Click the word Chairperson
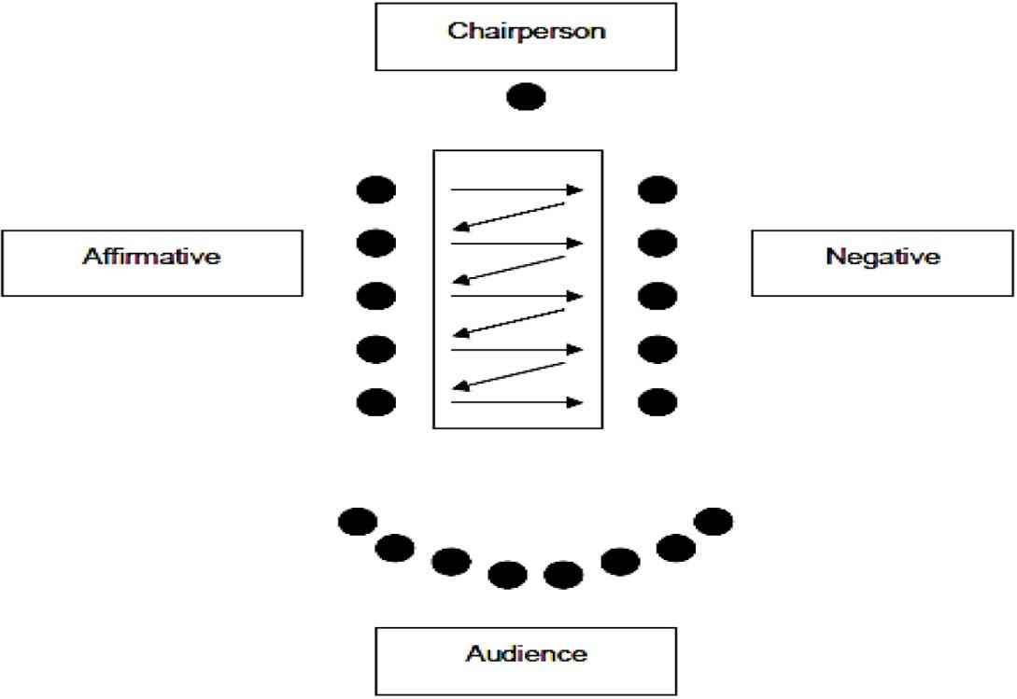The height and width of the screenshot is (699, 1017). coord(526,32)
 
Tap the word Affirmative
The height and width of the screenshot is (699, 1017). coord(151,256)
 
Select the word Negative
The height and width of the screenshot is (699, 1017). coord(883,257)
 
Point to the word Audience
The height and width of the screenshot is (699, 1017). coord(526,653)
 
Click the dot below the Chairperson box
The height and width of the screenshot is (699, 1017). coord(526,97)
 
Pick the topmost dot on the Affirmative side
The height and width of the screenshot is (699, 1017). coord(376,190)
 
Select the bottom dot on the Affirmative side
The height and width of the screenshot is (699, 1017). coord(376,402)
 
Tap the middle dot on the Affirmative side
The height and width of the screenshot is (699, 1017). coord(376,297)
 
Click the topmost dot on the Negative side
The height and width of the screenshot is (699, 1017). coord(657,190)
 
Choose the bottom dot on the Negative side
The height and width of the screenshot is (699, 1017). coord(657,402)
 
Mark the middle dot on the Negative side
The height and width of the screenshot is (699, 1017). coord(657,297)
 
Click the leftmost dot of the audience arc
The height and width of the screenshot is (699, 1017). coord(358,522)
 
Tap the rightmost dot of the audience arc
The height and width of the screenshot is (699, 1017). coord(713,522)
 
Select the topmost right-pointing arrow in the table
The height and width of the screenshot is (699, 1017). coord(517,190)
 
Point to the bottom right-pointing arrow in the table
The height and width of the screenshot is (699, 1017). coord(517,402)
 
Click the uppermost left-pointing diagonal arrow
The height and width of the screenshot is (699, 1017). coord(508,217)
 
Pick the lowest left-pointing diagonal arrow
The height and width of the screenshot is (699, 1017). coord(508,377)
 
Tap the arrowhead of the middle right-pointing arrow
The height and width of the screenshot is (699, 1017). coord(575,297)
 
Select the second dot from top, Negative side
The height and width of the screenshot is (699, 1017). coord(657,244)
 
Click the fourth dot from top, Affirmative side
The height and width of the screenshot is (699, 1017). coord(376,349)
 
